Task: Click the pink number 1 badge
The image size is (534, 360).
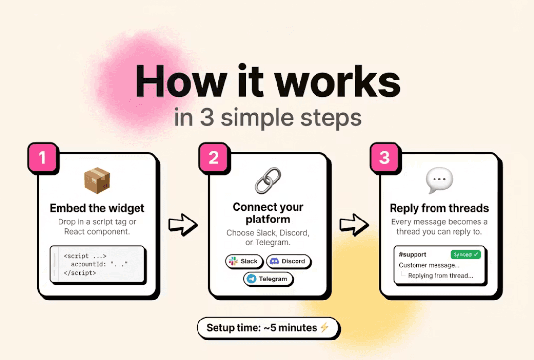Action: (42, 158)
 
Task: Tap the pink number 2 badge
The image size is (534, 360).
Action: (214, 158)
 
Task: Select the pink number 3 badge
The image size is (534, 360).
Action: (384, 158)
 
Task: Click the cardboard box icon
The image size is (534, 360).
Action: (97, 180)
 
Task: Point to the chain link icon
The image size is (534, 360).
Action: (268, 180)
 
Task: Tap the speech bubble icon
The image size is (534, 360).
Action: (439, 180)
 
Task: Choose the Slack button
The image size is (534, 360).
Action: (244, 261)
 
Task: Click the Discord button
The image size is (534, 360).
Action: (288, 261)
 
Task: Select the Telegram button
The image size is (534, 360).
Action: (268, 279)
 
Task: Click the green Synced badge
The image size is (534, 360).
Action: (466, 255)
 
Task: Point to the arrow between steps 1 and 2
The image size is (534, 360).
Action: (183, 224)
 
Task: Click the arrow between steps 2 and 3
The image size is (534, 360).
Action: (354, 224)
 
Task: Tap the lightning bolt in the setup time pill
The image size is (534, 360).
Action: (325, 327)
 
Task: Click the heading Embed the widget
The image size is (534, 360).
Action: (97, 208)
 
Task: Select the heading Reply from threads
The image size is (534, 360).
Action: (439, 208)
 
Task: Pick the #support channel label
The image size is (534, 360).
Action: (413, 255)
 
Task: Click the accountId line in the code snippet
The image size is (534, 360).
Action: (99, 264)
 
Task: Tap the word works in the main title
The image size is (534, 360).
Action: (337, 82)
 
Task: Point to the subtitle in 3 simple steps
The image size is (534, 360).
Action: (268, 118)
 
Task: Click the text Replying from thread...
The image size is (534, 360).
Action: (440, 276)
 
